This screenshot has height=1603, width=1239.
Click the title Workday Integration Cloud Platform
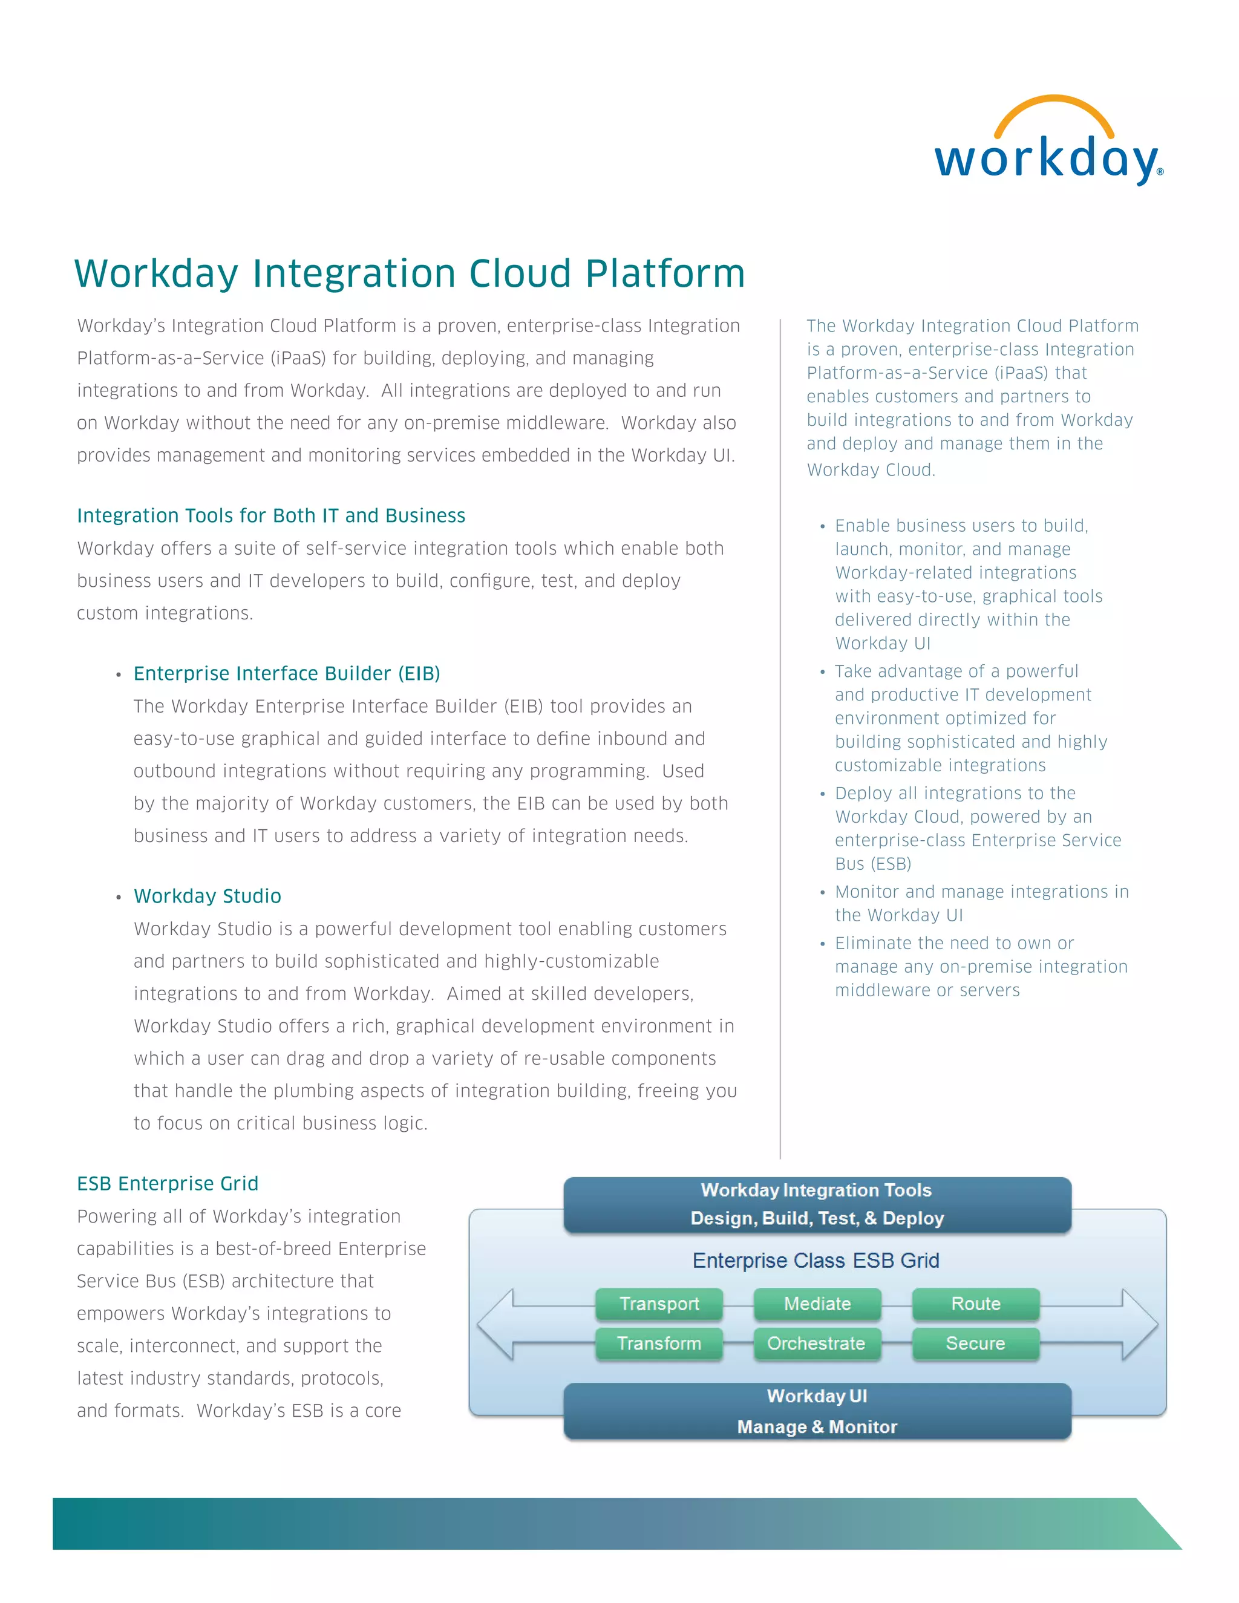coord(410,274)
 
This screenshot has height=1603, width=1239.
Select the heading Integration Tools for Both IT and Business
coord(271,516)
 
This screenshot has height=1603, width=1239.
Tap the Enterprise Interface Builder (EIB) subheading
coord(286,674)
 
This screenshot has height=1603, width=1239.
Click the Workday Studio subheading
coord(207,896)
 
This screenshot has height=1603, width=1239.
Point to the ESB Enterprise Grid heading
coord(168,1184)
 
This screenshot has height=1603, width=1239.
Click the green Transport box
coord(658,1304)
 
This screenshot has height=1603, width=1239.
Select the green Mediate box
coord(817,1304)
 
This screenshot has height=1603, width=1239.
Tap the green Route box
coord(975,1304)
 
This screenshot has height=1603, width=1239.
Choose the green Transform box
coord(658,1343)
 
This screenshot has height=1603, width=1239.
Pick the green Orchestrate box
coord(816,1343)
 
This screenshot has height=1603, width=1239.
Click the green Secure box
coord(975,1343)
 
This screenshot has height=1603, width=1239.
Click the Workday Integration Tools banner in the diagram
coord(817,1204)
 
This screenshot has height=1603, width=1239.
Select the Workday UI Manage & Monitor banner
coord(817,1411)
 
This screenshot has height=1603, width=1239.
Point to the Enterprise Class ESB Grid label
coord(816,1260)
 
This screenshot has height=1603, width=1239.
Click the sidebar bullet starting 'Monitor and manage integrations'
coord(981,904)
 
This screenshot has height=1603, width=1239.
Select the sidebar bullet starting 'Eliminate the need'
coord(981,967)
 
